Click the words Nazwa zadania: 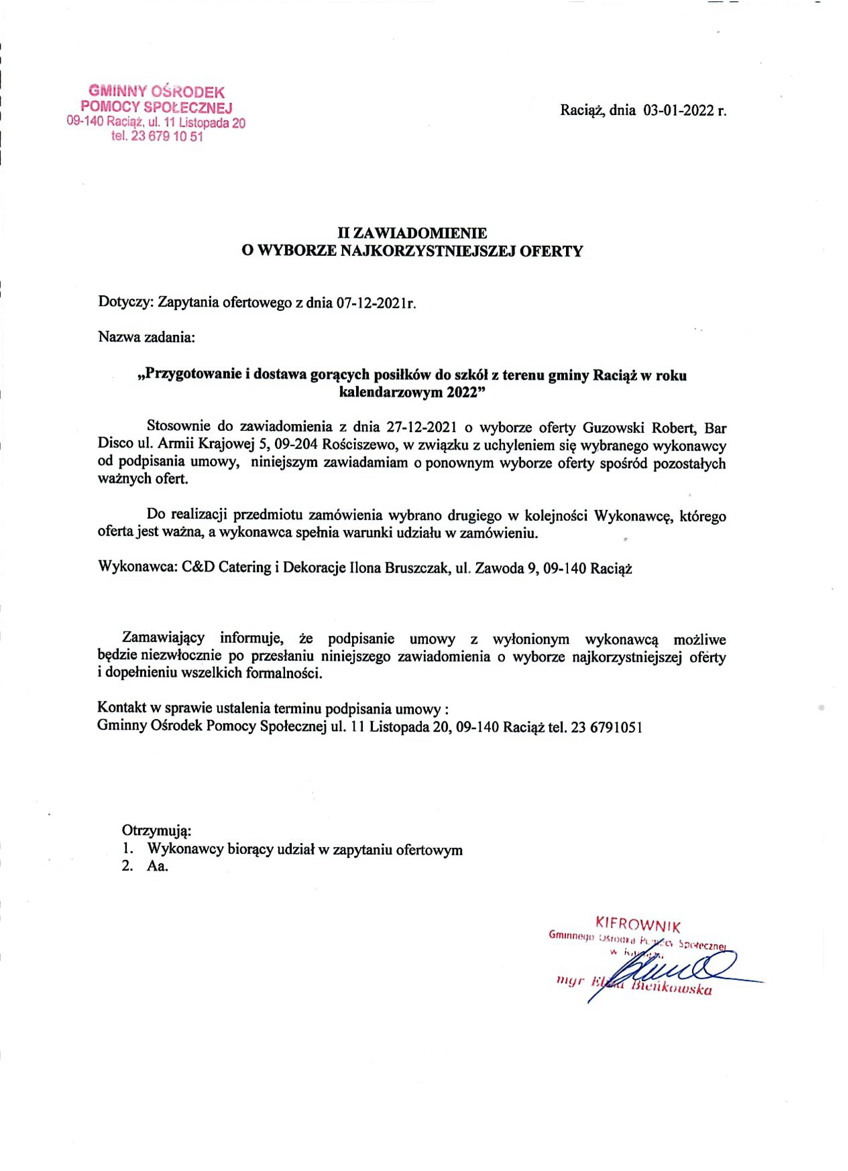(146, 339)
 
